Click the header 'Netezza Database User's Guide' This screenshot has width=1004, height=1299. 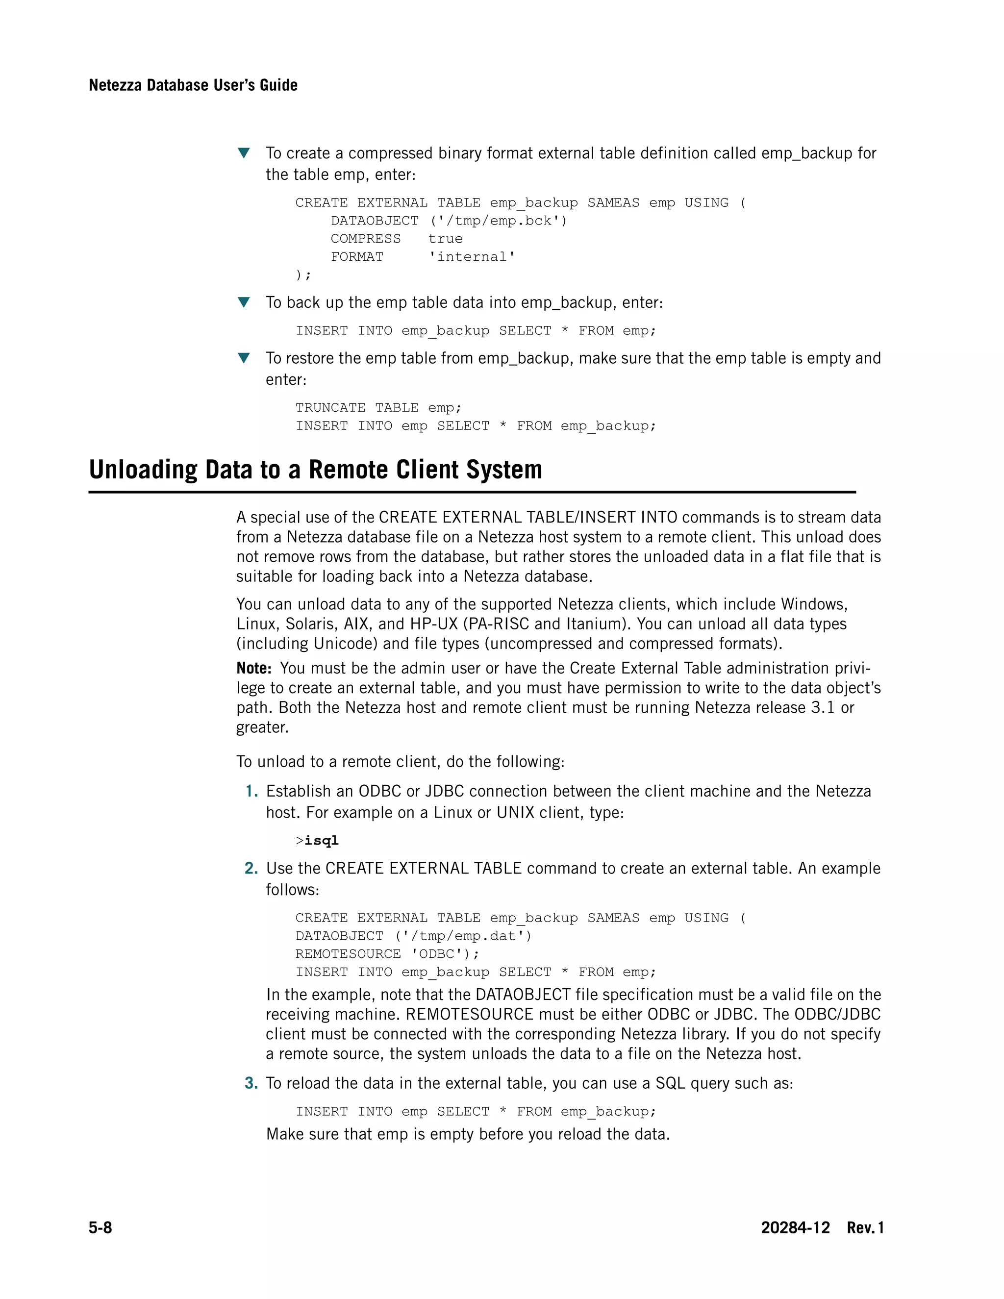coord(193,85)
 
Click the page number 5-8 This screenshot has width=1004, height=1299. coord(100,1227)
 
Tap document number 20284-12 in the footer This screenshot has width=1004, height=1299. coord(795,1227)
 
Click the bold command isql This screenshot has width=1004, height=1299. coord(321,840)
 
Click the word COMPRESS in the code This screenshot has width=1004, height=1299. coord(366,239)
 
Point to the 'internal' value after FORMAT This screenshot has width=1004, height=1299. coord(472,256)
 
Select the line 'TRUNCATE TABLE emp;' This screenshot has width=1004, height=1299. coord(378,407)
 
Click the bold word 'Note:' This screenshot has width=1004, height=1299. coord(254,668)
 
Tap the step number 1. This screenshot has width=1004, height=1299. coord(251,791)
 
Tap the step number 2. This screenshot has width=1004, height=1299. coord(251,869)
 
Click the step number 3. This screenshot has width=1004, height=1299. coord(251,1083)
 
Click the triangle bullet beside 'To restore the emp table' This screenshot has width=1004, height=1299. coord(243,358)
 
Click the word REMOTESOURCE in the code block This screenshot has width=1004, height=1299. coord(348,953)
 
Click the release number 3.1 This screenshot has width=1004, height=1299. coord(823,708)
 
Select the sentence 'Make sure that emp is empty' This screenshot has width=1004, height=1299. coord(468,1134)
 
